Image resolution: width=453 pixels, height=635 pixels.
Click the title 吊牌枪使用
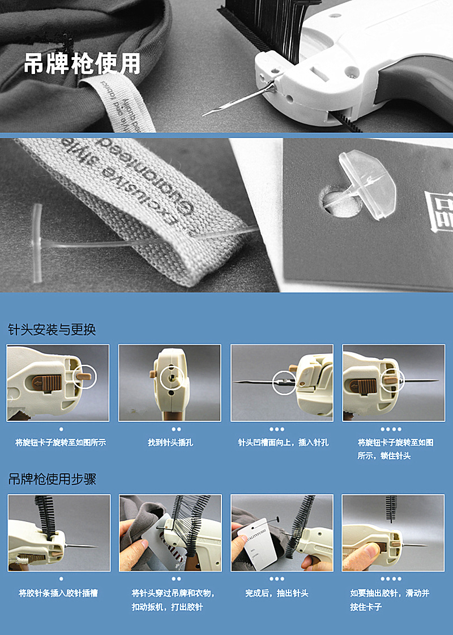(82, 64)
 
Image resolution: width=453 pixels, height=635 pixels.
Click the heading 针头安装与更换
(52, 330)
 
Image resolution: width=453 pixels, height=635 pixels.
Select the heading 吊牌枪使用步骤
(52, 480)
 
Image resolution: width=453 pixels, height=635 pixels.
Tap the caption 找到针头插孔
(170, 443)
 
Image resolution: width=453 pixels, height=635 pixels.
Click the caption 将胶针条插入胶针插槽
(58, 593)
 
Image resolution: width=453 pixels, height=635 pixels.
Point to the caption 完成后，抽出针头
(276, 593)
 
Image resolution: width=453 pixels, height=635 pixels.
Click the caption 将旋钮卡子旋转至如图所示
(61, 443)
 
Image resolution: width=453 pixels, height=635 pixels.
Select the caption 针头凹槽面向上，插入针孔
(283, 443)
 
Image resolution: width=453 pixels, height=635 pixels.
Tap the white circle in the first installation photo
(86, 377)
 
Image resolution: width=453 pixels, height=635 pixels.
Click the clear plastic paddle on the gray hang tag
(366, 181)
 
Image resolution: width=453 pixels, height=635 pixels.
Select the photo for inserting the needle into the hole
(281, 383)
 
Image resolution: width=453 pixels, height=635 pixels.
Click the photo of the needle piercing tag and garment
(170, 533)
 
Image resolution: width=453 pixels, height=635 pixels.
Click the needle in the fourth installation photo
(419, 381)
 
